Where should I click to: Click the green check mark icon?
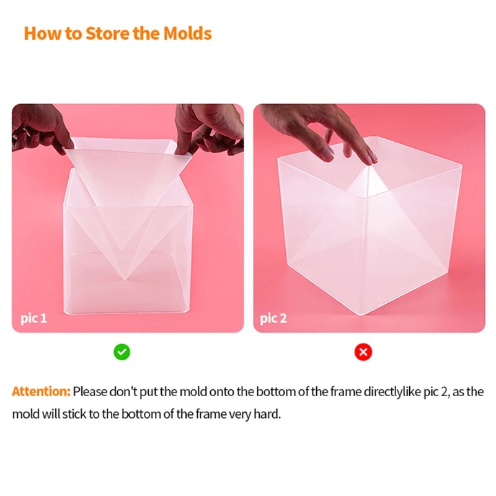pyautogui.click(x=122, y=352)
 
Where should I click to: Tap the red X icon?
pyautogui.click(x=363, y=352)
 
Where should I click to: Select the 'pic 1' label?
pyautogui.click(x=34, y=319)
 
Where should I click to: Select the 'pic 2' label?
pyautogui.click(x=273, y=319)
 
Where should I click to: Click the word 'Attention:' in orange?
pyautogui.click(x=41, y=392)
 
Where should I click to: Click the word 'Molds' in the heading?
pyautogui.click(x=188, y=33)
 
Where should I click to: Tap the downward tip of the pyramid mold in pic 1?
pyautogui.click(x=125, y=278)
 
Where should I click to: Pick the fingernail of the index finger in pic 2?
pyautogui.click(x=327, y=154)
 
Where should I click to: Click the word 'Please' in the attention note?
pyautogui.click(x=90, y=392)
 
